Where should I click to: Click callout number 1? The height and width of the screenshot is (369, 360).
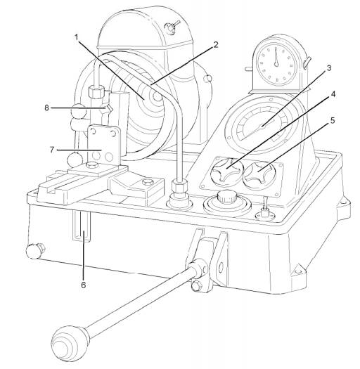coord(77,38)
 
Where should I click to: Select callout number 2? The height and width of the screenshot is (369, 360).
coord(216,45)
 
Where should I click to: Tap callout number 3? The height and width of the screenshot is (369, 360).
coord(328,68)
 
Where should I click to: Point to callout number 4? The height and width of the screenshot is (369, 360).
coord(333,94)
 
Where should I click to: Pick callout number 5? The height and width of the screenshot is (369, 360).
coord(332,120)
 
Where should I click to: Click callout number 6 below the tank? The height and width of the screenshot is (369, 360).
coord(84,285)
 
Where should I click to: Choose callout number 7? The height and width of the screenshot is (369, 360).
coord(52,150)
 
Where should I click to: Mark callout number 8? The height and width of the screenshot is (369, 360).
coord(47,108)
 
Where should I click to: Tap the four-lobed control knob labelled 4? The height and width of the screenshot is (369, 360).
coord(226,170)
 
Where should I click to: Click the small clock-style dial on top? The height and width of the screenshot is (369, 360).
coord(276,64)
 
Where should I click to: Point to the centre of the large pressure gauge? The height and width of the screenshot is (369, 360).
coord(262,127)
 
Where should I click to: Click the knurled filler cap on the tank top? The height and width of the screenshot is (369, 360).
coord(226,197)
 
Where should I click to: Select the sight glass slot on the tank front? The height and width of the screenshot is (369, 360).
coord(82,226)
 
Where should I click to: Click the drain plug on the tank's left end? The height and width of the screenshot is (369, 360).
coord(35,251)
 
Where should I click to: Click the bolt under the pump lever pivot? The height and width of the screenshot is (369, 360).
coord(197,286)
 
